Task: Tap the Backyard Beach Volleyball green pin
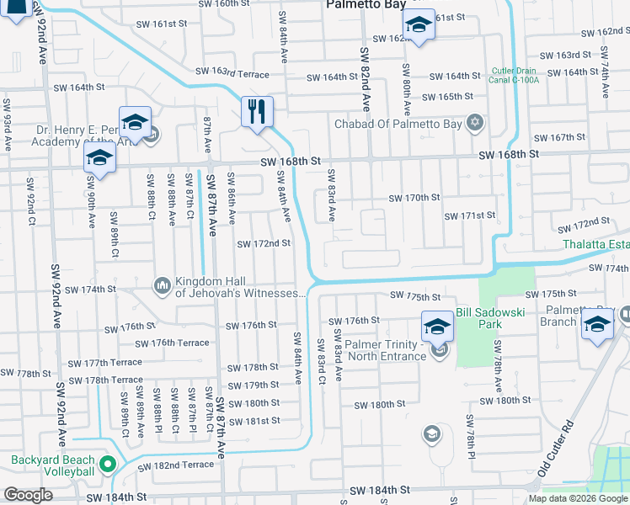tap(107, 464)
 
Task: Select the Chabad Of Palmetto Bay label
tap(399, 125)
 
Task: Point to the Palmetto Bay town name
tap(363, 4)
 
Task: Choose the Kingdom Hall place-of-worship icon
tap(162, 287)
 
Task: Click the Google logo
tap(28, 495)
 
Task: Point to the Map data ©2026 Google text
tap(578, 498)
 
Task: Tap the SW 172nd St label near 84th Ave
tap(264, 243)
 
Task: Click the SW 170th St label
tap(414, 198)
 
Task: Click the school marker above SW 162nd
tap(419, 27)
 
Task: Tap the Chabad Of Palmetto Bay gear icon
tap(475, 124)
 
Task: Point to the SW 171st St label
tap(469, 215)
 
